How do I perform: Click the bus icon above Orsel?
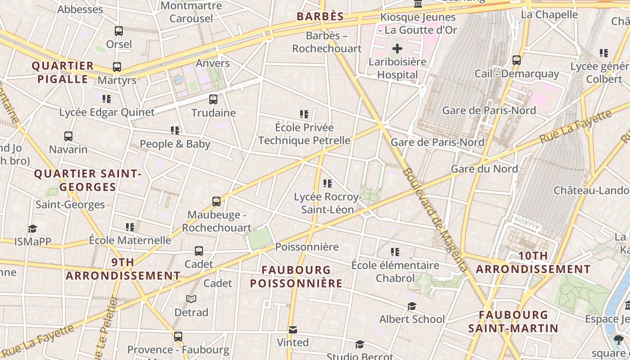tap(119, 31)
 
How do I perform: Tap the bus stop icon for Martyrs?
tap(117, 67)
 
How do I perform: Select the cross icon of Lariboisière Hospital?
tap(397, 49)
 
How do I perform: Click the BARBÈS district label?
tap(320, 17)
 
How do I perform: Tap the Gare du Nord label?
tap(484, 169)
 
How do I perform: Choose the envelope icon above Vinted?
tap(293, 330)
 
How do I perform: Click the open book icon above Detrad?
tap(191, 299)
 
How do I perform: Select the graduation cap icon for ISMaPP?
tap(32, 229)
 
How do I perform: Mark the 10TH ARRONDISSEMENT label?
tap(533, 262)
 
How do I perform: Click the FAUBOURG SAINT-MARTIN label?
tap(513, 321)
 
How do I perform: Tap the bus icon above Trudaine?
tap(213, 99)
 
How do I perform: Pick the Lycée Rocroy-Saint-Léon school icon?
tap(328, 183)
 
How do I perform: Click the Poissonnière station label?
tap(307, 247)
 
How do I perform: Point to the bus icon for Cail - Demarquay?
tap(517, 60)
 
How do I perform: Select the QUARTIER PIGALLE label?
tap(63, 72)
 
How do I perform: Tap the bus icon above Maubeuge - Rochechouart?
tap(216, 202)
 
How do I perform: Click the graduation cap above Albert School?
tap(412, 306)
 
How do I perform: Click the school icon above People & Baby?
tap(175, 130)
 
